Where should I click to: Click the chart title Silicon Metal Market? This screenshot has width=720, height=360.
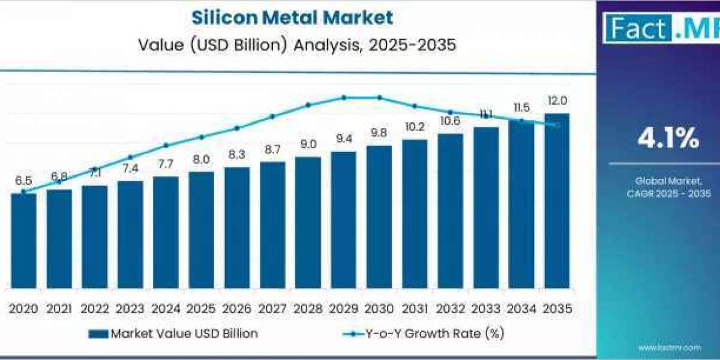pos(292,17)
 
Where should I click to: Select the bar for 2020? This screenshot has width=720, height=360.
pos(23,240)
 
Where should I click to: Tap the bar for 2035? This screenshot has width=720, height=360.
pos(556,201)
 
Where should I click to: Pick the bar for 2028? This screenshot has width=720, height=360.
pos(308,223)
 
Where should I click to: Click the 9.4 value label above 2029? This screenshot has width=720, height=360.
pos(343,139)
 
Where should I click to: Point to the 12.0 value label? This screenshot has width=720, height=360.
pos(556,101)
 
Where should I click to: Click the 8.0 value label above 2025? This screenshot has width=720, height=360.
pos(201,160)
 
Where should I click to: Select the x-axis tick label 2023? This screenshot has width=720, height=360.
pos(130,309)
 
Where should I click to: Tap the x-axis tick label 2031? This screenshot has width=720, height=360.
pos(415,309)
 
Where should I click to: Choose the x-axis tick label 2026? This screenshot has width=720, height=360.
pos(237,309)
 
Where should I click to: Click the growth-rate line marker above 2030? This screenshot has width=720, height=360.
pos(379,97)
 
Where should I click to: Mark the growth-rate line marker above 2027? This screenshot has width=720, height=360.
pos(272,116)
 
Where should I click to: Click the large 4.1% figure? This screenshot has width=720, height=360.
pos(668,139)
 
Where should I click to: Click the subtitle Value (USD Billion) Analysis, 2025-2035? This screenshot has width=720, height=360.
pos(292,44)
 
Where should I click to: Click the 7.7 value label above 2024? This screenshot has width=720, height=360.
pos(166,164)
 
